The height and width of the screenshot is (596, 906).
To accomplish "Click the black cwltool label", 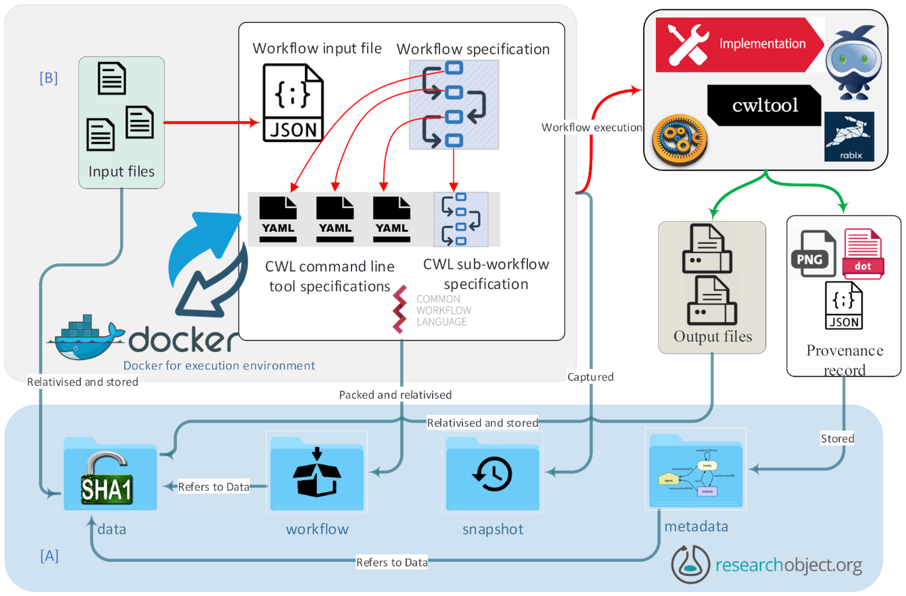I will pyautogui.click(x=764, y=105).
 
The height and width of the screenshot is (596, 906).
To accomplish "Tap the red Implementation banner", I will pyautogui.click(x=739, y=45).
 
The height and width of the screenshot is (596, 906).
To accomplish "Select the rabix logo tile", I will pyautogui.click(x=849, y=136).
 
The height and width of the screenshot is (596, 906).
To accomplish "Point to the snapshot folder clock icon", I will pyautogui.click(x=492, y=474).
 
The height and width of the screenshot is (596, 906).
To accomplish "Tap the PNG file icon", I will pyautogui.click(x=812, y=254).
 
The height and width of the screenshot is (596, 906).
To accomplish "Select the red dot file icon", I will pyautogui.click(x=863, y=254).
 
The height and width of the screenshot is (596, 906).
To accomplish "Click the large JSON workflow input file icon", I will pyautogui.click(x=293, y=103).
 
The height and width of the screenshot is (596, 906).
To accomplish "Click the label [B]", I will pyautogui.click(x=48, y=78).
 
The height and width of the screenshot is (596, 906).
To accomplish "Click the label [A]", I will pyautogui.click(x=49, y=556).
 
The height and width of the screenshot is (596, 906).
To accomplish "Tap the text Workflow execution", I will pyautogui.click(x=591, y=127).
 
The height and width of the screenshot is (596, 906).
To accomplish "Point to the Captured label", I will pyautogui.click(x=590, y=377).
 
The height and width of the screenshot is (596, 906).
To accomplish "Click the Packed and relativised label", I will pyautogui.click(x=395, y=395).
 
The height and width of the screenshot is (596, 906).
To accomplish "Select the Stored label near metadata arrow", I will pyautogui.click(x=837, y=439).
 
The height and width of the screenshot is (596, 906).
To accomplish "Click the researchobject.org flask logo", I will pyautogui.click(x=690, y=564).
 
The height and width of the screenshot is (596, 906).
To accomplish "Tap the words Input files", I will pyautogui.click(x=121, y=171).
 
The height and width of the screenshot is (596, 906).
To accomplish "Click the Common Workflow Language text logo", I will pyautogui.click(x=432, y=310).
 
